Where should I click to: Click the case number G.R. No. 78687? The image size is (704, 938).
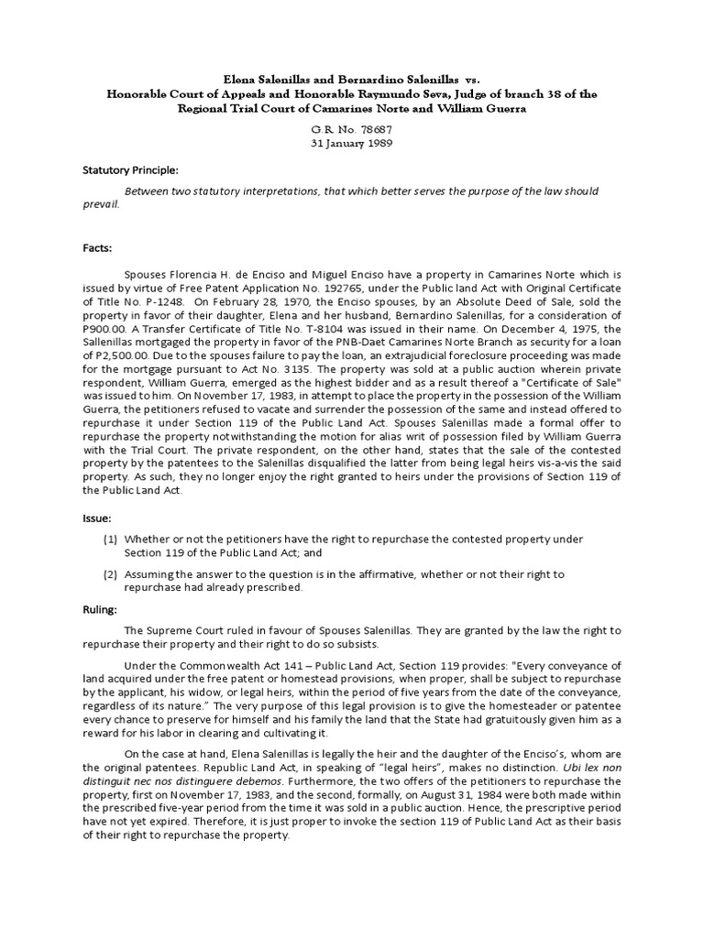(351, 130)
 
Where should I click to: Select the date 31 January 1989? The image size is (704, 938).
(351, 145)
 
